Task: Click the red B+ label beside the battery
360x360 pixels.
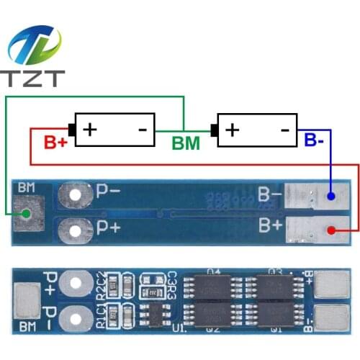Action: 55,142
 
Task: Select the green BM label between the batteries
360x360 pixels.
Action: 186,143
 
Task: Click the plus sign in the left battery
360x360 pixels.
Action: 90,130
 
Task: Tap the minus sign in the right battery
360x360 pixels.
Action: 284,130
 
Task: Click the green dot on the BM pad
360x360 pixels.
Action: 26,213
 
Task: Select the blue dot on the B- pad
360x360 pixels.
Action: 330,196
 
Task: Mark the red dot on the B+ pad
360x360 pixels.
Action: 330,230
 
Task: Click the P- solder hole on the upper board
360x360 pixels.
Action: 73,193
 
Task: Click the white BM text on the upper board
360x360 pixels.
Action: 27,189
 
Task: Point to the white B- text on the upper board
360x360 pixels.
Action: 270,194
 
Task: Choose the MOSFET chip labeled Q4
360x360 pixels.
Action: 214,287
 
